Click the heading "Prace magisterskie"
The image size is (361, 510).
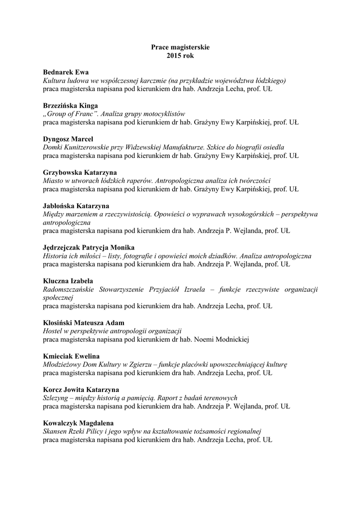180,47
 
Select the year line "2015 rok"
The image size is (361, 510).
180,55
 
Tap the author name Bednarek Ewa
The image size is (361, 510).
66,72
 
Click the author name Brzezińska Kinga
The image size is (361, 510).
70,106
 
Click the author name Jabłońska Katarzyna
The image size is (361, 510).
76,206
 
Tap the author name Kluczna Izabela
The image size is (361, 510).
68,281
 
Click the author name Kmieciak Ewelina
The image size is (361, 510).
71,356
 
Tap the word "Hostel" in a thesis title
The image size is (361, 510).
52,331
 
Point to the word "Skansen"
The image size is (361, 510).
55,431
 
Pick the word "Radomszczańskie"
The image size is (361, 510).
69,289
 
